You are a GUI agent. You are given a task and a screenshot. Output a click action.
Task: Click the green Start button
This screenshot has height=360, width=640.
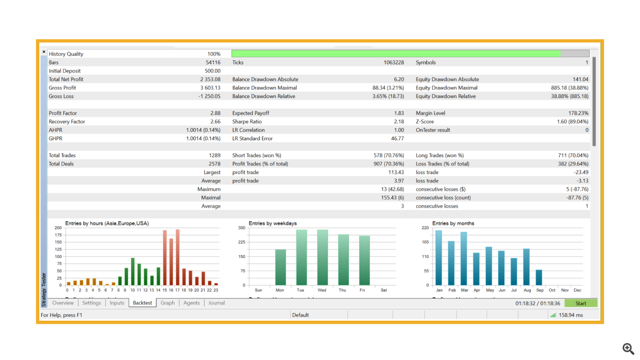(x=580, y=303)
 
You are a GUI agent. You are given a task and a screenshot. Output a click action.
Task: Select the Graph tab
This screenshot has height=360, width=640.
(x=168, y=303)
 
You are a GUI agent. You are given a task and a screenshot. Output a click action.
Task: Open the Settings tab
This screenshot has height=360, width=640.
(x=91, y=303)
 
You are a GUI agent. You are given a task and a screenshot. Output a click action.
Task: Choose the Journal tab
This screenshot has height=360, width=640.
(x=216, y=303)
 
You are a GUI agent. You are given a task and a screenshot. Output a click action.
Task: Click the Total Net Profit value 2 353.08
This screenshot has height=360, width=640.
(x=210, y=79)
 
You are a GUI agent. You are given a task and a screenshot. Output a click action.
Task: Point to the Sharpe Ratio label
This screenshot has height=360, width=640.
(x=247, y=122)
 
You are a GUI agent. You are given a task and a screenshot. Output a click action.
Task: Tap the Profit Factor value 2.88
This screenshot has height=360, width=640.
(x=215, y=113)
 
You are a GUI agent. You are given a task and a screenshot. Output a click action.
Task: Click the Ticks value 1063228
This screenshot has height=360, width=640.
(x=393, y=62)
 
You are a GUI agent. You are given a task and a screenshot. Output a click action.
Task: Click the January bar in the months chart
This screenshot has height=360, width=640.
(x=439, y=258)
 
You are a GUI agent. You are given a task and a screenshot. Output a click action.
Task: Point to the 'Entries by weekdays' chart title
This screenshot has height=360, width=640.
(x=273, y=223)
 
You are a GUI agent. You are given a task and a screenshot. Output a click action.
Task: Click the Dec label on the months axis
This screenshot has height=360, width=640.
(x=577, y=290)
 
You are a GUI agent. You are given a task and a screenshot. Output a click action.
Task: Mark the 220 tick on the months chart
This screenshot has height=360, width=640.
(x=425, y=228)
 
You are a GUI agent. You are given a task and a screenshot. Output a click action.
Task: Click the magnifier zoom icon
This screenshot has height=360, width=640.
(x=628, y=348)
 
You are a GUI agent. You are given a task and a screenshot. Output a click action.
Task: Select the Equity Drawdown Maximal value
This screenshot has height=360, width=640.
(x=569, y=88)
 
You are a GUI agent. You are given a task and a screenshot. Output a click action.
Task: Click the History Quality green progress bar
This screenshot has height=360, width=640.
(x=396, y=54)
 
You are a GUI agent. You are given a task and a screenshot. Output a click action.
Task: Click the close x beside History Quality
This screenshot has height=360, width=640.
(x=44, y=52)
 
